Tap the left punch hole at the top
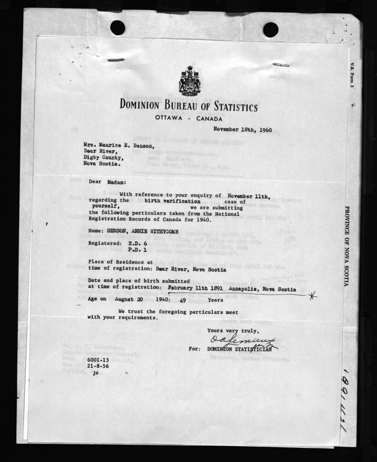(117, 28)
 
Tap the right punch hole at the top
(271, 29)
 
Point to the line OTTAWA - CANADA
(189, 119)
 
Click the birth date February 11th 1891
(191, 287)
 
